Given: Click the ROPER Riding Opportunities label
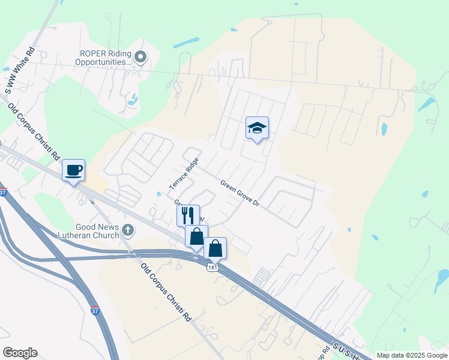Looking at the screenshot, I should pyautogui.click(x=103, y=57).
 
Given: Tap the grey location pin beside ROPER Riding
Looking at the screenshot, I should pyautogui.click(x=140, y=58).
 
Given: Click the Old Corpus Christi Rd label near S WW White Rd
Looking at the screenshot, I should pyautogui.click(x=34, y=131).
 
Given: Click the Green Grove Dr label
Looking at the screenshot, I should pyautogui.click(x=239, y=194).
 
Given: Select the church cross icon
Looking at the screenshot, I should pyautogui.click(x=127, y=230).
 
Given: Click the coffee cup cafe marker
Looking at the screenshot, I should pyautogui.click(x=73, y=170).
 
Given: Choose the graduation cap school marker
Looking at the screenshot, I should pyautogui.click(x=257, y=128).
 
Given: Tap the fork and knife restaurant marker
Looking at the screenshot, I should pyautogui.click(x=187, y=215).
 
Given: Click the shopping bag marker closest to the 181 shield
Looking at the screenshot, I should pyautogui.click(x=215, y=247).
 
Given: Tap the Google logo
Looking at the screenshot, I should pyautogui.click(x=20, y=353).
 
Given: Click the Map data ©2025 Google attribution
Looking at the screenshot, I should pyautogui.click(x=411, y=355).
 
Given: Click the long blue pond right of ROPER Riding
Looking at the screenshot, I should pyautogui.click(x=187, y=43).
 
